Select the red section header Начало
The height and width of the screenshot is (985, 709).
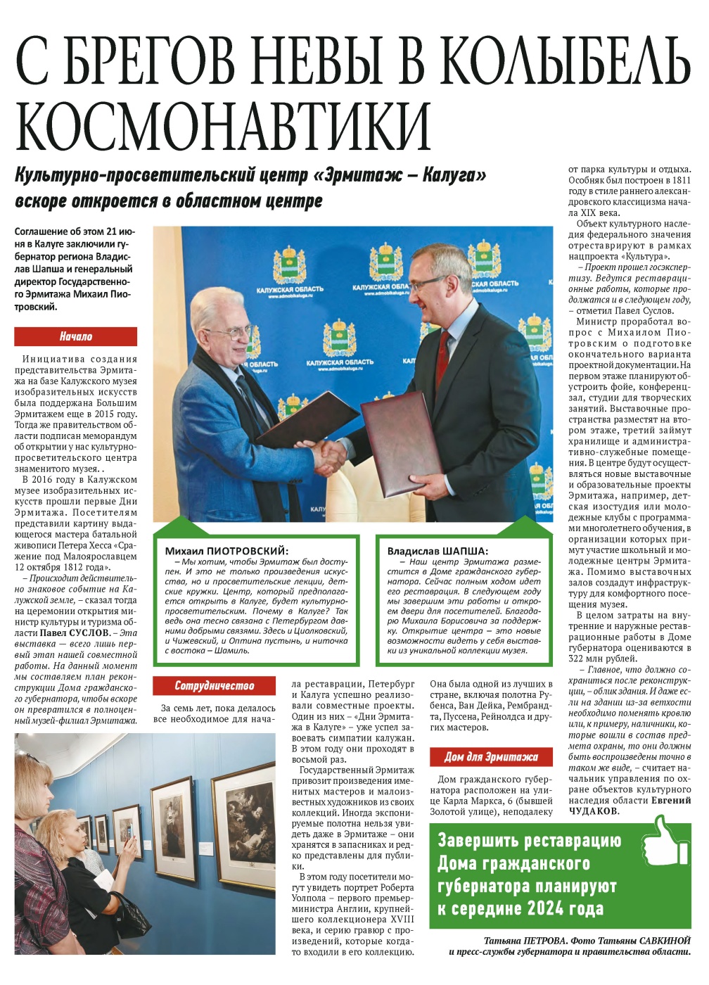[75, 337]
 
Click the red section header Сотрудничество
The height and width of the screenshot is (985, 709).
[214, 685]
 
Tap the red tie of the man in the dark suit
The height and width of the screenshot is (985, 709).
[442, 355]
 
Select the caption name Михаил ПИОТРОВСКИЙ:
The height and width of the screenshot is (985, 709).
[226, 551]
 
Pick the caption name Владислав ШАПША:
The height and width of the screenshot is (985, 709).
[437, 551]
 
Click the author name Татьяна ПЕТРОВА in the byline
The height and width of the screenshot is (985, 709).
[525, 941]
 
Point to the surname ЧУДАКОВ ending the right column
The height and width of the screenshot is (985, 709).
[592, 811]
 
